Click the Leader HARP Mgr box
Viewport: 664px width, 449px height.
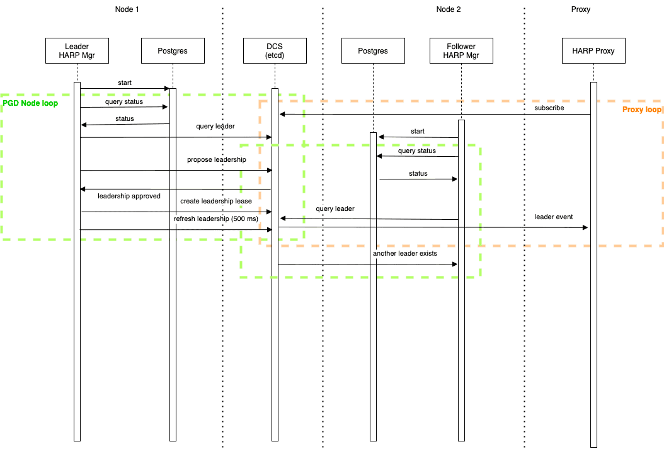[x=77, y=51]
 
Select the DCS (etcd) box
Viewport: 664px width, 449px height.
[x=275, y=51]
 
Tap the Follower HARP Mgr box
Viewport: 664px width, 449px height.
[x=461, y=51]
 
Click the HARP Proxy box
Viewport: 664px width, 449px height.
[x=593, y=51]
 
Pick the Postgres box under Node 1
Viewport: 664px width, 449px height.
[x=173, y=51]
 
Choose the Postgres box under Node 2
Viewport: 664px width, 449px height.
[x=373, y=51]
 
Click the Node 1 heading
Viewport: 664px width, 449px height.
[x=127, y=9]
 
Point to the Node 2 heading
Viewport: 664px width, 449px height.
[x=449, y=9]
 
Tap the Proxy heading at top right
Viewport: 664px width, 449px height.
[x=580, y=9]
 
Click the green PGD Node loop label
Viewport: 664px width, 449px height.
[x=30, y=103]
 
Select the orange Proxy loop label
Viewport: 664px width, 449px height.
[x=641, y=110]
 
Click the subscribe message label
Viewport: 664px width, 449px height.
[x=549, y=108]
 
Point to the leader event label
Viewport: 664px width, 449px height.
[x=554, y=217]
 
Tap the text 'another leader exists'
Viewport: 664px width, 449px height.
[x=405, y=254]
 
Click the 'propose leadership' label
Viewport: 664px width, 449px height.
[x=216, y=160]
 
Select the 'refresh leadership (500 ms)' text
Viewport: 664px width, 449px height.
[x=216, y=219]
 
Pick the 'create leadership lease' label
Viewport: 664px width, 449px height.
[x=216, y=202]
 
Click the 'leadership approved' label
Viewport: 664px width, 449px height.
[x=129, y=196]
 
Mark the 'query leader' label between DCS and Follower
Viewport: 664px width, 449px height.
[x=335, y=208]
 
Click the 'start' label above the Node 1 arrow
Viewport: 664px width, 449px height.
[x=125, y=82]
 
